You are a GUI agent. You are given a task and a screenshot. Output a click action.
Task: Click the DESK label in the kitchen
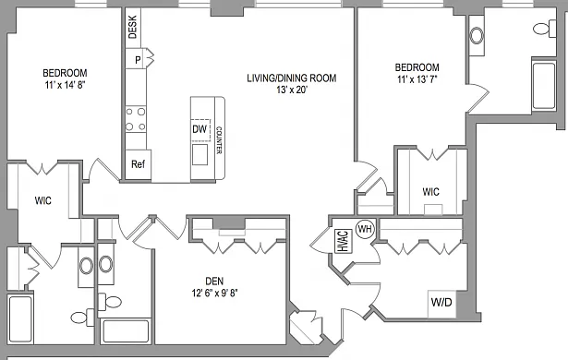click(133, 27)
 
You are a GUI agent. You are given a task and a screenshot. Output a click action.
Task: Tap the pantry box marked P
click(136, 58)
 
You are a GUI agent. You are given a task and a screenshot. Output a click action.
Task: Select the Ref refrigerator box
click(138, 164)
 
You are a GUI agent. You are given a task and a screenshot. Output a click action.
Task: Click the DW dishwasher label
click(199, 129)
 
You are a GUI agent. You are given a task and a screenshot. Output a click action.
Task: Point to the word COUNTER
click(219, 140)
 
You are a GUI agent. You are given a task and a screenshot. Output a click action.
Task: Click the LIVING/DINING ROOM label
click(292, 78)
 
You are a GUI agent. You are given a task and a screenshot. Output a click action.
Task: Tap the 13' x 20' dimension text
click(292, 90)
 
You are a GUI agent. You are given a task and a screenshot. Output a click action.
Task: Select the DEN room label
click(214, 281)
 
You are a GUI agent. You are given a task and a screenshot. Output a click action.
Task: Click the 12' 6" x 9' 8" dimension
click(214, 293)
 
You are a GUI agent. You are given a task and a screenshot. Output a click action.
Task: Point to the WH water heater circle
click(365, 229)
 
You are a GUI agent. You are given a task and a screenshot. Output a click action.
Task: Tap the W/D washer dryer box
click(441, 304)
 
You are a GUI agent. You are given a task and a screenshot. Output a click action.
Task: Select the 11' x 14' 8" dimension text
click(66, 85)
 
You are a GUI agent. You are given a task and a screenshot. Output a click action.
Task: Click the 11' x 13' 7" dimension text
click(417, 79)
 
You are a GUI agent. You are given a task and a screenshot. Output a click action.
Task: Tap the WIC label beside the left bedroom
click(43, 200)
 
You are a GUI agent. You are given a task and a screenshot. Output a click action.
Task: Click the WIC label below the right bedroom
click(430, 192)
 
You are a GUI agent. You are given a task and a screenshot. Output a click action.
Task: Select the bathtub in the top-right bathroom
click(544, 86)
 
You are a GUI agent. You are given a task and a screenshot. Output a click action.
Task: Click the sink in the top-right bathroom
click(477, 36)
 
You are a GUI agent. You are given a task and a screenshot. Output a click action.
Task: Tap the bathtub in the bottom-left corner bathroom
click(20, 319)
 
